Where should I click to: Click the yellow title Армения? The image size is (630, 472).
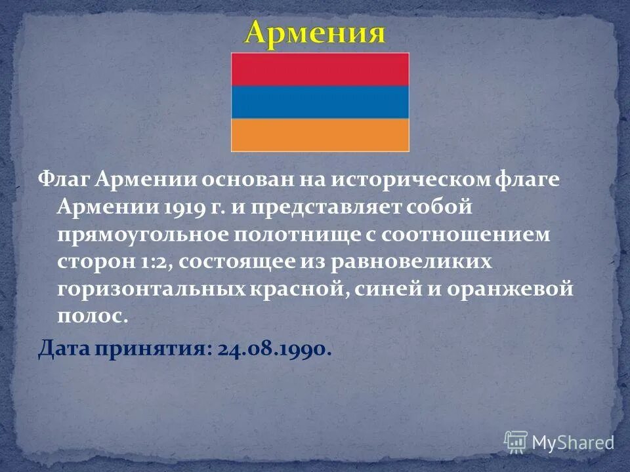(315, 33)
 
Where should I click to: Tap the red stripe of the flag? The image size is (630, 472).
(320, 69)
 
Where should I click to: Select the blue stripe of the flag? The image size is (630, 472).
(320, 102)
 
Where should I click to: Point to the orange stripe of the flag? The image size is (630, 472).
(320, 134)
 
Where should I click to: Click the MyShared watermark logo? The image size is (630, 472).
(559, 441)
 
